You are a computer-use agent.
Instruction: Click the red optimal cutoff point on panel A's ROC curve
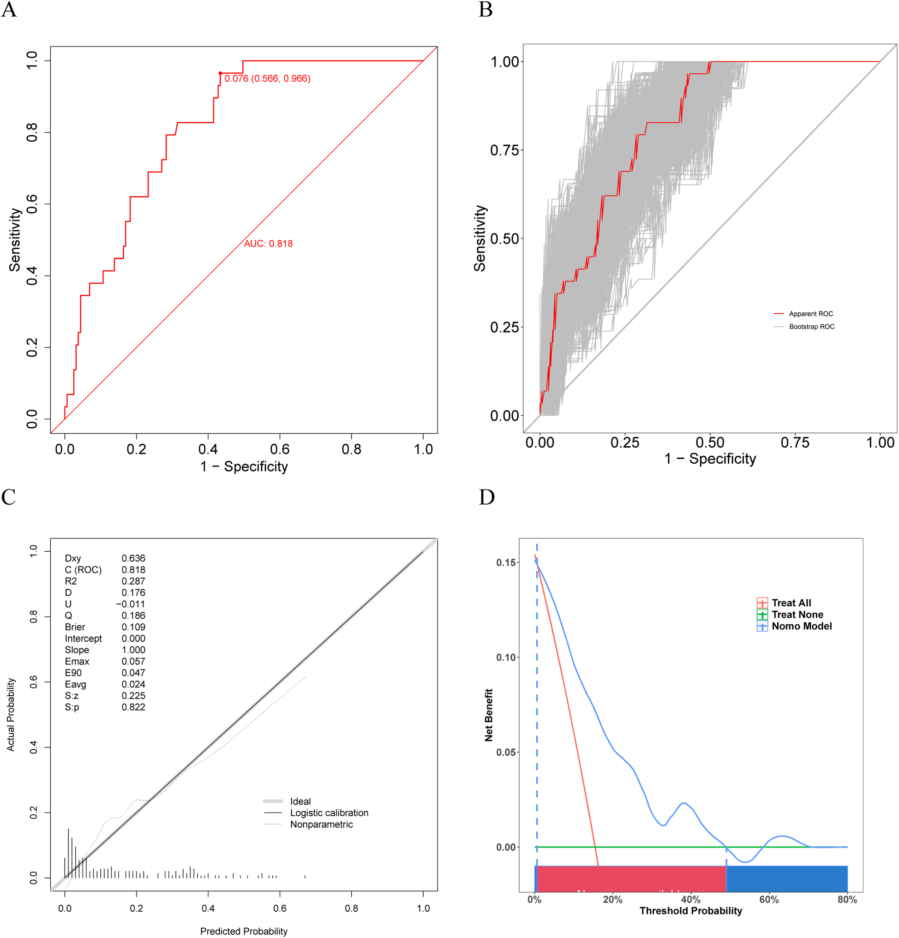tap(220, 73)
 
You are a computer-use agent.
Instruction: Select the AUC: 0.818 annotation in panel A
tap(268, 244)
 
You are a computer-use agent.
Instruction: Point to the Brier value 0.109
tap(133, 627)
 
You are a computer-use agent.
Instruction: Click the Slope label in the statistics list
tap(77, 650)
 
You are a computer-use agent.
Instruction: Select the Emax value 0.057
tap(133, 661)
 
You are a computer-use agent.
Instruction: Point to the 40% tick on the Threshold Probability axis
tap(690, 900)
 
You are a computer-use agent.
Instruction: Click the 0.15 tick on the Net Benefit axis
tap(505, 562)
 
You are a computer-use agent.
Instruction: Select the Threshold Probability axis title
tap(690, 911)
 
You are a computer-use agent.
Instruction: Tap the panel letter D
tap(486, 497)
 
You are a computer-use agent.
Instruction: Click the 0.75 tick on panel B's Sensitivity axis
tap(504, 150)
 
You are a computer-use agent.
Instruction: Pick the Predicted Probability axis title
tap(244, 931)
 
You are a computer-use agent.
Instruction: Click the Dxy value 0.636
tap(133, 558)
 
